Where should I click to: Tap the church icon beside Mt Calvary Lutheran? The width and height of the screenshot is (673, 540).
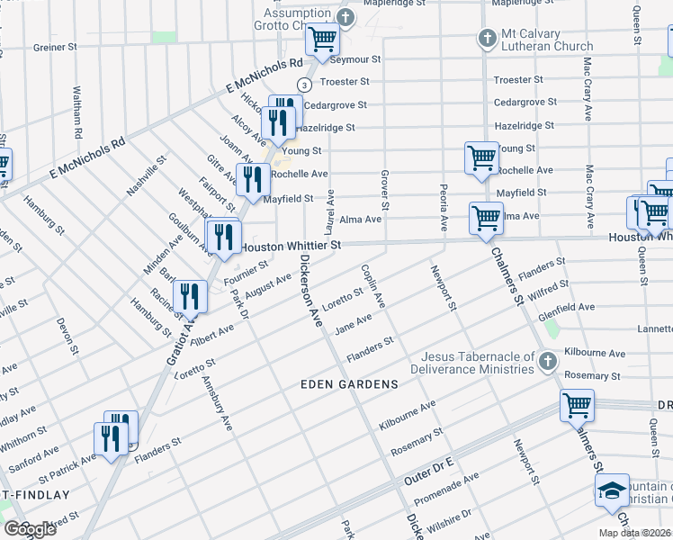pos(487,39)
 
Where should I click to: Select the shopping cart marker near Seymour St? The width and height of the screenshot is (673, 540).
pos(321,40)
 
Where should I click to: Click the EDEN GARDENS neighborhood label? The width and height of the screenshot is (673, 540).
pos(349,384)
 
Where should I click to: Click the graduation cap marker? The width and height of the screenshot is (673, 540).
pos(613,490)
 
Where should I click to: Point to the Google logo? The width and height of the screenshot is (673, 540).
pos(30,529)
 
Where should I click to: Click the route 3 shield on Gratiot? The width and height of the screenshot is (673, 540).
pos(305,85)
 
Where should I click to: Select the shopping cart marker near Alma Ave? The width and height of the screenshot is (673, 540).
pos(486,218)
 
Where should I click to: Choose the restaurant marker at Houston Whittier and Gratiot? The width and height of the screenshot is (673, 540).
pos(222,237)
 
